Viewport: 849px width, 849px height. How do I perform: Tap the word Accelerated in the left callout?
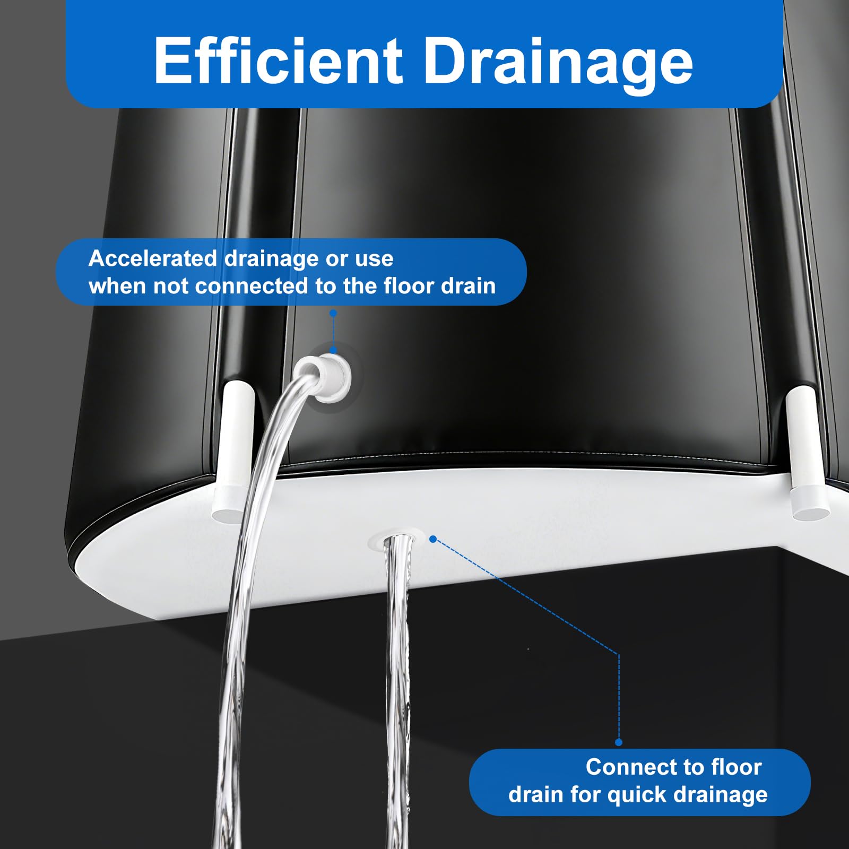pyautogui.click(x=153, y=258)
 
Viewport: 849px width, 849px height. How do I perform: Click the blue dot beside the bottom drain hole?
pyautogui.click(x=433, y=539)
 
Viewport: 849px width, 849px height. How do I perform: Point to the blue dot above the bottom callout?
pyautogui.click(x=619, y=742)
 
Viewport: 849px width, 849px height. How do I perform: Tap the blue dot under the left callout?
pyautogui.click(x=333, y=314)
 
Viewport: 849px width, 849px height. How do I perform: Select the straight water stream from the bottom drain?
pyautogui.click(x=398, y=690)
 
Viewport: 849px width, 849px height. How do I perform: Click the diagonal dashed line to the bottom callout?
pyautogui.click(x=526, y=596)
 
